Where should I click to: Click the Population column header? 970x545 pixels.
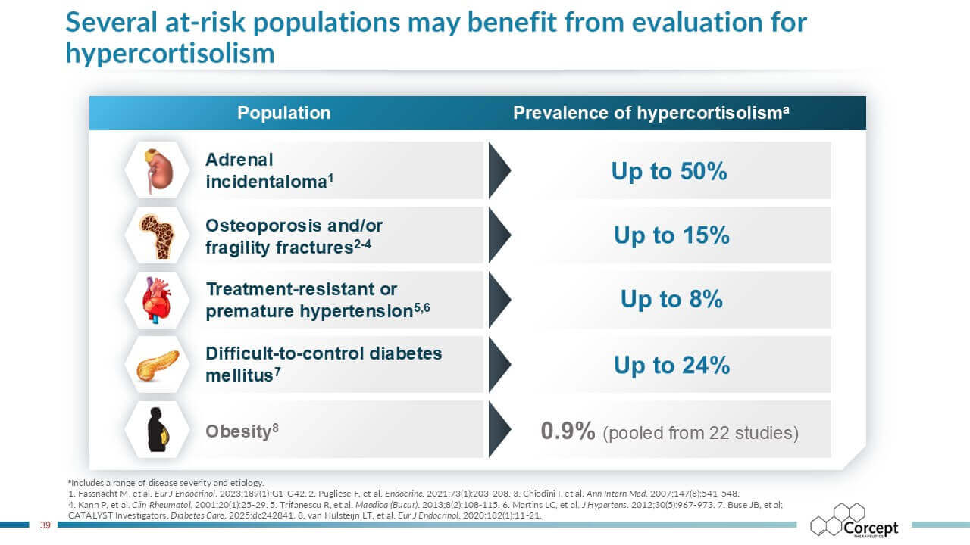(x=284, y=114)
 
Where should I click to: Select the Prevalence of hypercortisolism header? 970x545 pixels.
(x=652, y=114)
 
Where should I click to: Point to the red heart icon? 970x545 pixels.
(x=158, y=300)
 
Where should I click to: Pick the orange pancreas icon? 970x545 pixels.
(x=158, y=365)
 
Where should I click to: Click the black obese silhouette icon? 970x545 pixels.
(x=158, y=430)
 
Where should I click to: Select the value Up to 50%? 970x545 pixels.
(x=669, y=171)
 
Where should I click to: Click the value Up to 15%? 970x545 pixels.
(x=671, y=235)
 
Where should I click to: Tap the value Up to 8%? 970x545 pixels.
(x=671, y=299)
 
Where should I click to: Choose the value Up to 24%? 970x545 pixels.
(x=671, y=366)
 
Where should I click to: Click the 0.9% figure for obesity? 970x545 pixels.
(x=568, y=431)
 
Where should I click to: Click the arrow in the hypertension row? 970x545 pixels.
(x=499, y=300)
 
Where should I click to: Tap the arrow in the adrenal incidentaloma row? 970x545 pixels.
(x=499, y=170)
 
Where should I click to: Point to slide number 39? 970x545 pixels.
(x=45, y=525)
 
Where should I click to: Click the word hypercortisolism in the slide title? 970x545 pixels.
(x=170, y=53)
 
